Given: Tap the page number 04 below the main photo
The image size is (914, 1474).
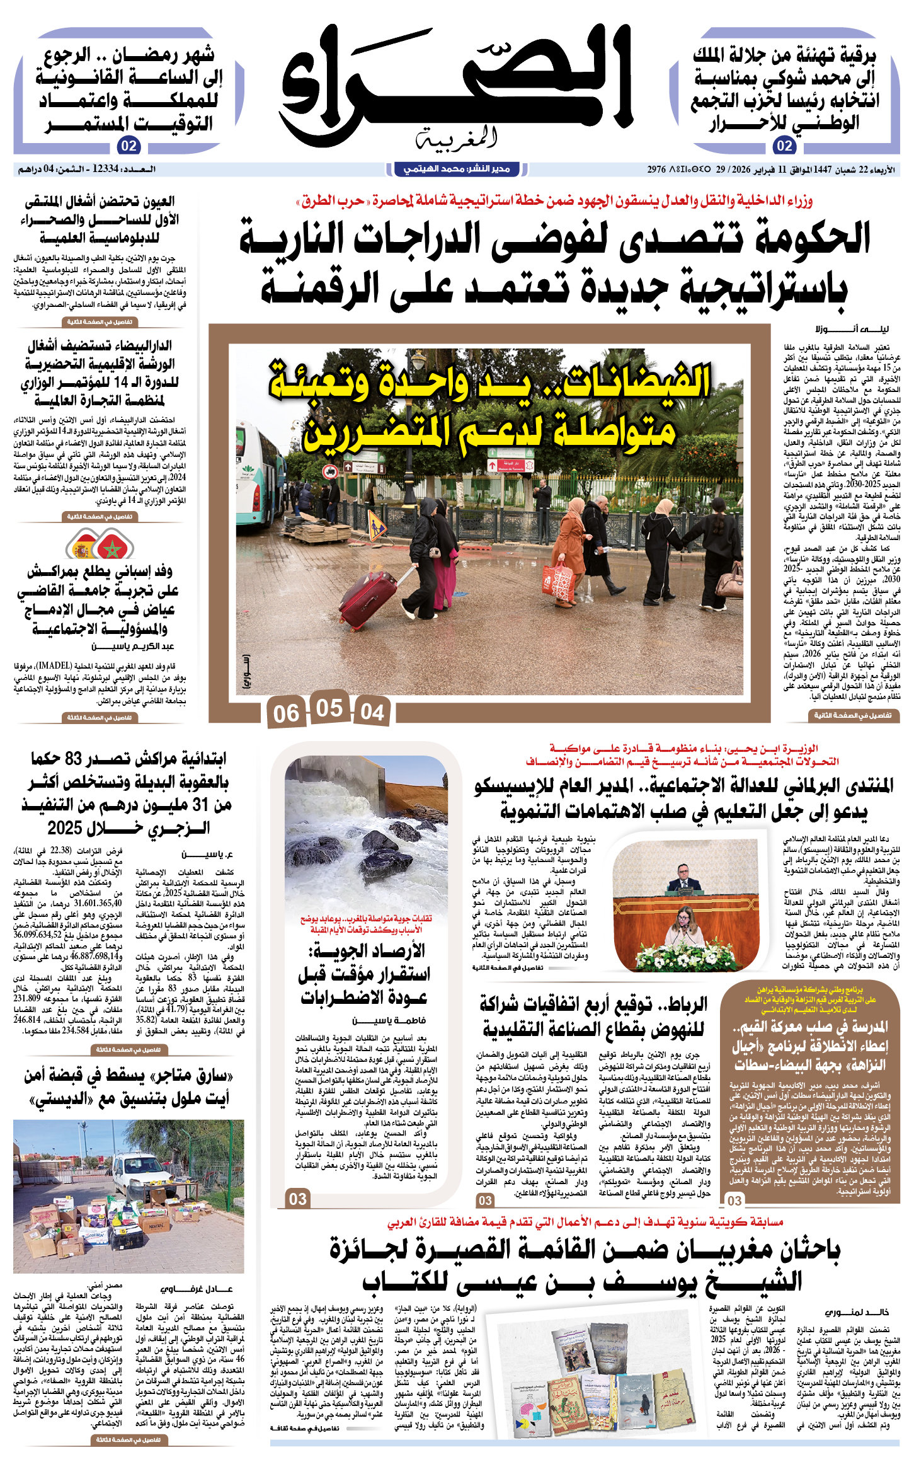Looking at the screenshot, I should pyautogui.click(x=372, y=712).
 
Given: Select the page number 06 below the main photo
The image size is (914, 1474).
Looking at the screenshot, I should pyautogui.click(x=286, y=713).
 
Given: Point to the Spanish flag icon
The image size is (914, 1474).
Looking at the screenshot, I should pyautogui.click(x=83, y=549).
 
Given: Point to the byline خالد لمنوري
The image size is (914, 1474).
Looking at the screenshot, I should pyautogui.click(x=859, y=1312).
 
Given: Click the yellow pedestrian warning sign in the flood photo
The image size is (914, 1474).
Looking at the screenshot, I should pyautogui.click(x=377, y=522).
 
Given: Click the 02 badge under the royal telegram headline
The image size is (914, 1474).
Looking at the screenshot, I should pyautogui.click(x=784, y=146).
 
